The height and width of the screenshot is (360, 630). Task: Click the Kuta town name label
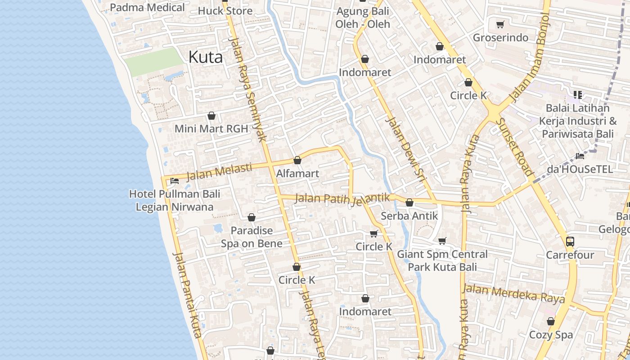pyautogui.click(x=206, y=57)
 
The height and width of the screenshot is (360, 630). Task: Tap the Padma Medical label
pyautogui.click(x=147, y=8)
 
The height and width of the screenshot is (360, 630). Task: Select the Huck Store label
pyautogui.click(x=225, y=11)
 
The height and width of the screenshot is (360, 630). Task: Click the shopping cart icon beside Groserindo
pyautogui.click(x=500, y=24)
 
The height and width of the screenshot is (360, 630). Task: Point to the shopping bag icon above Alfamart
pyautogui.click(x=297, y=160)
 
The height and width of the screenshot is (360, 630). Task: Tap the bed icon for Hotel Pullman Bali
pyautogui.click(x=175, y=181)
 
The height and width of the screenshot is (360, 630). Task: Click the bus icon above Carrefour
pyautogui.click(x=570, y=241)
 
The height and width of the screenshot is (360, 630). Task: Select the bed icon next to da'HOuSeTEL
pyautogui.click(x=580, y=156)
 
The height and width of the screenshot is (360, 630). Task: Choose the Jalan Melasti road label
pyautogui.click(x=219, y=171)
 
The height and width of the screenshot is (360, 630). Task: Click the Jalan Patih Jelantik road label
pyautogui.click(x=342, y=198)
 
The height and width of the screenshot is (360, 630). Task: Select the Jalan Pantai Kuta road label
pyautogui.click(x=187, y=295)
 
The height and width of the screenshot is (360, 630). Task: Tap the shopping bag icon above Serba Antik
pyautogui.click(x=409, y=203)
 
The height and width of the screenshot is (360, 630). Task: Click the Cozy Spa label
pyautogui.click(x=551, y=335)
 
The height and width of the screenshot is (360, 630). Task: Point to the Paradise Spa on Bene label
pyautogui.click(x=252, y=237)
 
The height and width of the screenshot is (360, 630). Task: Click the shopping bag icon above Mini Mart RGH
pyautogui.click(x=211, y=116)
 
